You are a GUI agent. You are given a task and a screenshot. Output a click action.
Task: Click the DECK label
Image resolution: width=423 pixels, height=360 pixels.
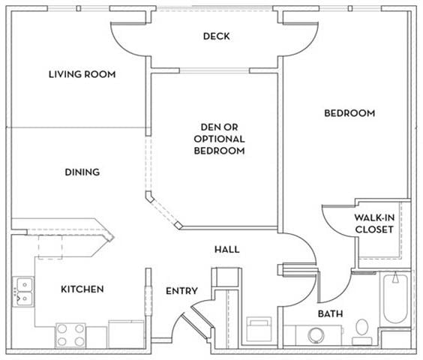[216, 36]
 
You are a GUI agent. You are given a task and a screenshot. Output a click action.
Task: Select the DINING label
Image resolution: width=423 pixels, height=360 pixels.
[82, 172]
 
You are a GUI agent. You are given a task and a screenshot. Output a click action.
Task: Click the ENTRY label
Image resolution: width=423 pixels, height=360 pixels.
[181, 291]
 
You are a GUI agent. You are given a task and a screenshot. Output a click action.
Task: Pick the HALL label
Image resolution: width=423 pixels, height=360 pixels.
[226, 249]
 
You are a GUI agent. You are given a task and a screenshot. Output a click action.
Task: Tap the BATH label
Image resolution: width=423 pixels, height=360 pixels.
[330, 313]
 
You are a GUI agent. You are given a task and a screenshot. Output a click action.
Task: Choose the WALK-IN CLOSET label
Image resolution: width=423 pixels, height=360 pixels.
[373, 223]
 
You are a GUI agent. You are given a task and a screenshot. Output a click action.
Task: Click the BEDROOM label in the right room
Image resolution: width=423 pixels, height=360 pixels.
[349, 113]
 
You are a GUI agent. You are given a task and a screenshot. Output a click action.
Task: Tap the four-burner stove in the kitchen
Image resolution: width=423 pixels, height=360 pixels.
[70, 335]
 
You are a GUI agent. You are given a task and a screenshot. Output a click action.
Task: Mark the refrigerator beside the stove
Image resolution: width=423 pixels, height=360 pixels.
[126, 334]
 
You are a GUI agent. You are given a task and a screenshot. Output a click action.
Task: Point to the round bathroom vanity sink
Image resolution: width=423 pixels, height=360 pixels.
[314, 334]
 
